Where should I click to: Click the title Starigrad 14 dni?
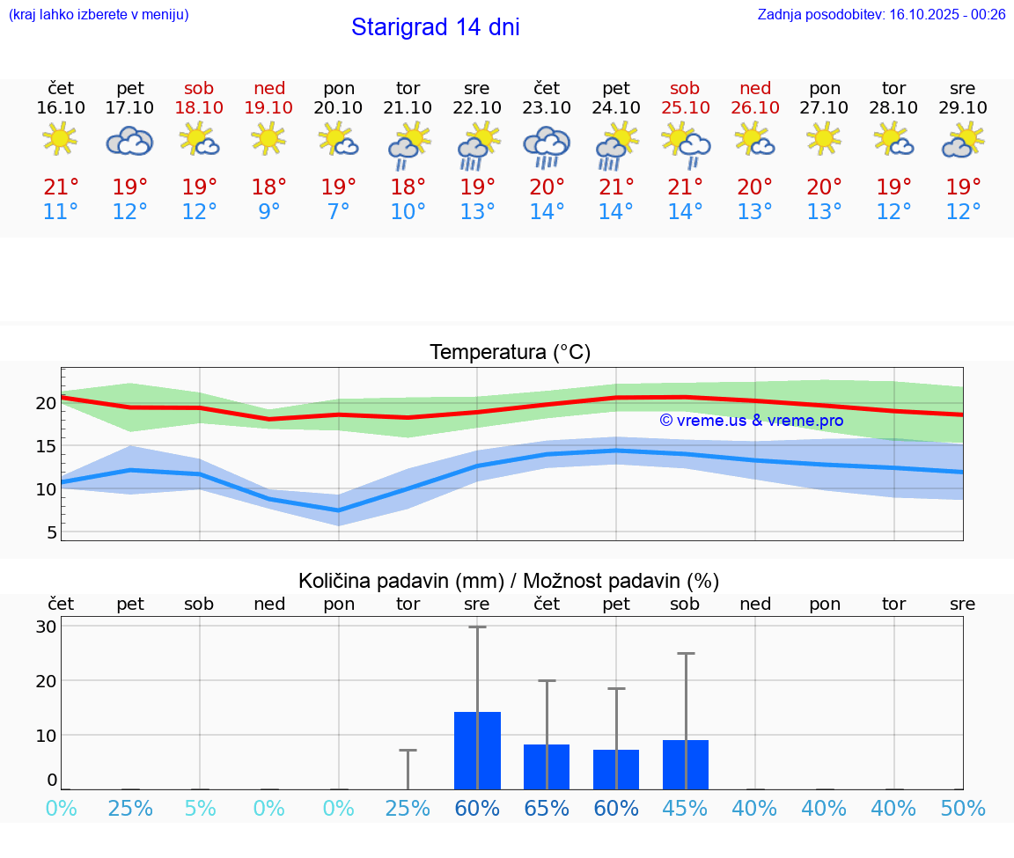point(435,27)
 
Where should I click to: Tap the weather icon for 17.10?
point(130,141)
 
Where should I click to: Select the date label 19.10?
point(269,107)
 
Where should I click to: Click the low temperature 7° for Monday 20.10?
point(339,212)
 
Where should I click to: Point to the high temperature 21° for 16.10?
point(61,187)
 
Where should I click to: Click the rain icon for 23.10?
point(547,146)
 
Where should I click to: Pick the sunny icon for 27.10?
point(824,139)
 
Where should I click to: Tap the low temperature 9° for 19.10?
point(269,212)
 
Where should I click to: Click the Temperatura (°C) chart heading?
point(510,353)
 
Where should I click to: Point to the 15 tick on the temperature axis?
point(46,446)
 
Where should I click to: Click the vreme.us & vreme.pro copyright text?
point(751,421)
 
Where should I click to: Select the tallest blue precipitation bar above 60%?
point(477,751)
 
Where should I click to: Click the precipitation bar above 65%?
point(547,766)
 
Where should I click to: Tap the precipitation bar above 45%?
point(686,765)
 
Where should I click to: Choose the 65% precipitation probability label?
point(547,808)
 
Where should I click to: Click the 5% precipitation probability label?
point(200,808)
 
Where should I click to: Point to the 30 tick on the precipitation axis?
point(47,627)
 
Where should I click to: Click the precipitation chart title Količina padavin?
point(509,581)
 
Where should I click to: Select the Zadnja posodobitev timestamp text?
point(881,14)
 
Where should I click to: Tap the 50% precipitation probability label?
point(963,808)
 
